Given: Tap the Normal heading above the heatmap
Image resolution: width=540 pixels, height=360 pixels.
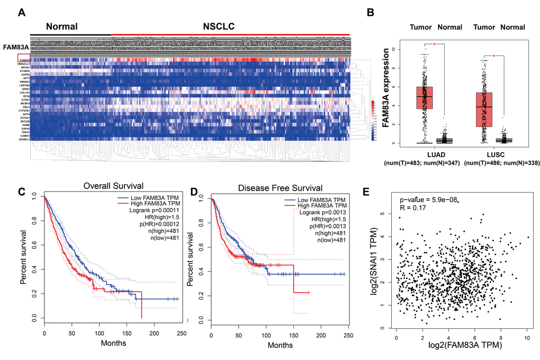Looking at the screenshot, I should (61, 26).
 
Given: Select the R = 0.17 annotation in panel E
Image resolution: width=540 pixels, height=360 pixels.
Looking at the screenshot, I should (411, 209).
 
